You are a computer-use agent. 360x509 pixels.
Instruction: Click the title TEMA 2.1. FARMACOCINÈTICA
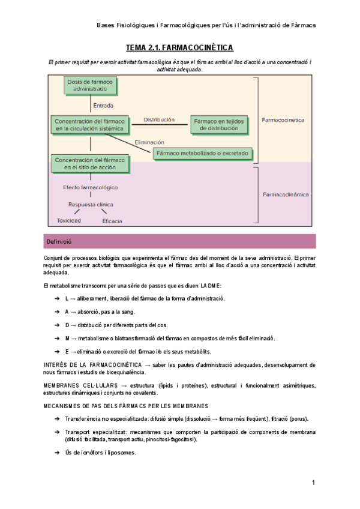point(179,47)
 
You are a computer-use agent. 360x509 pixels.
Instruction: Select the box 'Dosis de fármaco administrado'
point(90,85)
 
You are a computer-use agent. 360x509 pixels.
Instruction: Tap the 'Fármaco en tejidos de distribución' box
point(220,124)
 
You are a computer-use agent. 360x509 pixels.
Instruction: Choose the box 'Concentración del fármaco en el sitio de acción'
point(90,164)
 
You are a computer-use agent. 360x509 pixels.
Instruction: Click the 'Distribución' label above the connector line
point(159,119)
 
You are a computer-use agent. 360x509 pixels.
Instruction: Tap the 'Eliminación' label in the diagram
point(149,142)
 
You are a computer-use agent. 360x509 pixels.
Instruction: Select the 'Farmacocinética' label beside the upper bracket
point(283,120)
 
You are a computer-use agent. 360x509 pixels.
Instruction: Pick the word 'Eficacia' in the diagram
point(112,221)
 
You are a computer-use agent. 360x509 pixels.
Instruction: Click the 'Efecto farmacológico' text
point(91,187)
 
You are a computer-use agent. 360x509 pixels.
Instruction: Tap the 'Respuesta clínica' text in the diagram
point(91,204)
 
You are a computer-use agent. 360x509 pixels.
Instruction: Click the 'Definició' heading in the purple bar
point(58,241)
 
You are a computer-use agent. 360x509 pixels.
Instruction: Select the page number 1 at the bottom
point(313,483)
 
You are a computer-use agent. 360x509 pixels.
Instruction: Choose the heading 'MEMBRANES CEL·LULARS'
point(76,385)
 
